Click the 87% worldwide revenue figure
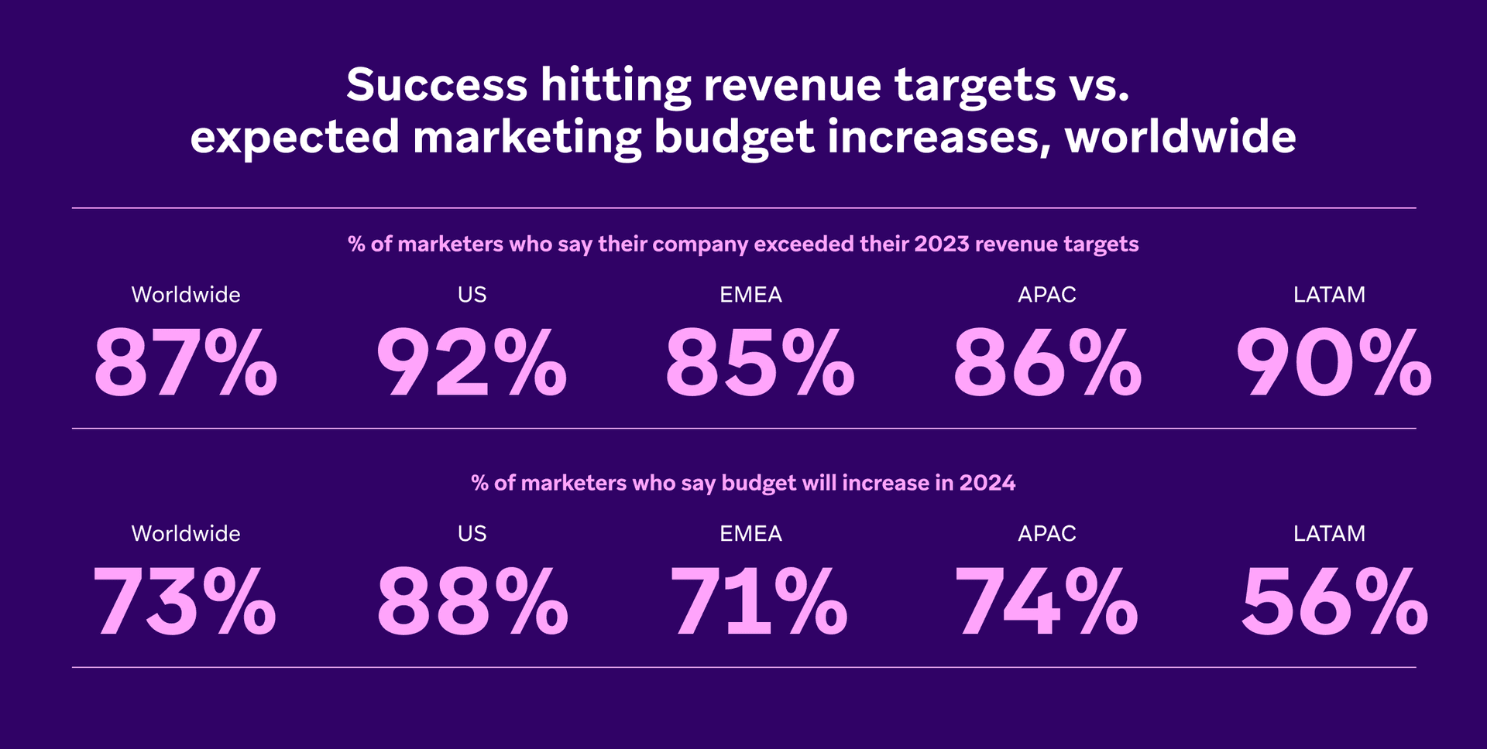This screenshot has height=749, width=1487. click(186, 363)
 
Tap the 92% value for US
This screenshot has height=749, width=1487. click(472, 363)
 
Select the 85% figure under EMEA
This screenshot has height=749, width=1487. click(760, 363)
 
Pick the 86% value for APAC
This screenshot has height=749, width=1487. click(1047, 363)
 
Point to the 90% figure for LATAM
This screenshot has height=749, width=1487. click(1333, 363)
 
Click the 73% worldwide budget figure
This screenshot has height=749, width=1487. click(184, 602)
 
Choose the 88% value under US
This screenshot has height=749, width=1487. click(472, 602)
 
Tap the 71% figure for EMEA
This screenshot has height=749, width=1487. click(758, 602)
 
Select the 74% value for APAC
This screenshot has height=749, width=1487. click(1046, 602)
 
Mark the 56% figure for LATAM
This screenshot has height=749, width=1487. click(1334, 602)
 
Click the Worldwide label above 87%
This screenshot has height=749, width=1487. click(186, 295)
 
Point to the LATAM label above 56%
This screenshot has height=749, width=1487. click(1329, 534)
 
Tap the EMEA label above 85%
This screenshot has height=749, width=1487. click(750, 295)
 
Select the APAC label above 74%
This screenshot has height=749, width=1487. click(1047, 534)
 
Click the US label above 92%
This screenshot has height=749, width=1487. click(472, 295)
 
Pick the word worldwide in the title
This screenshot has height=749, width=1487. click(1180, 137)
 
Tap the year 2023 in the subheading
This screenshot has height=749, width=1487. click(941, 245)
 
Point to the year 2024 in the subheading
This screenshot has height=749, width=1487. click(987, 484)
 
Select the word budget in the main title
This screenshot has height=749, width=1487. click(733, 139)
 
